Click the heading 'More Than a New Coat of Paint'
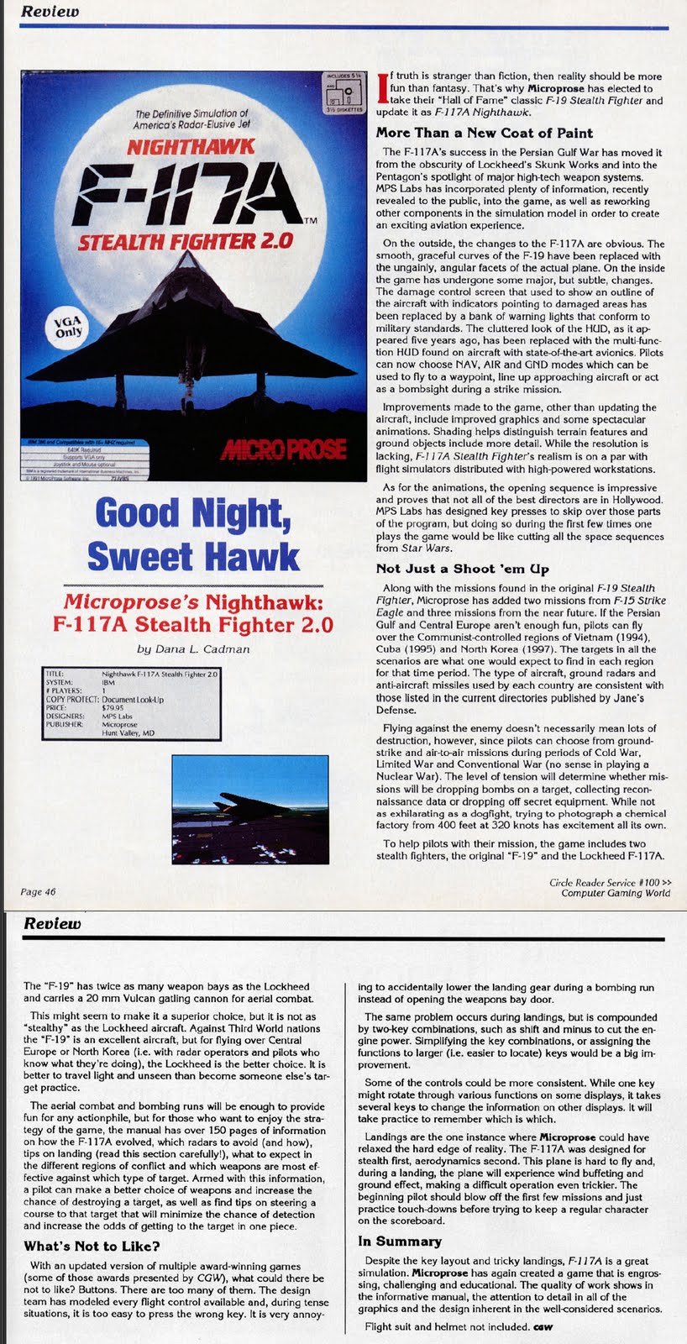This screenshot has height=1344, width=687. pos(484,133)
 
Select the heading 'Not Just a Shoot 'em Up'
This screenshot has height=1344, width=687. pos(462,569)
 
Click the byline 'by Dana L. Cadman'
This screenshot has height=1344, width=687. pos(193,648)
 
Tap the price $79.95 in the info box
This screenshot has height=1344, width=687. pos(113,707)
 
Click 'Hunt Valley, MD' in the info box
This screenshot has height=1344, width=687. pos(128,732)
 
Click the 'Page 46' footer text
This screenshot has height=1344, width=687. pos(38,891)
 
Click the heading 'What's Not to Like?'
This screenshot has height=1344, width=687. pos(92,1246)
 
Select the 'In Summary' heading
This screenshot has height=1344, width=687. pos(399,1241)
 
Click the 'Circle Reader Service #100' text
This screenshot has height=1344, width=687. pos(610,882)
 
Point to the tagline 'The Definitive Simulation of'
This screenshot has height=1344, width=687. pos(191,113)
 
